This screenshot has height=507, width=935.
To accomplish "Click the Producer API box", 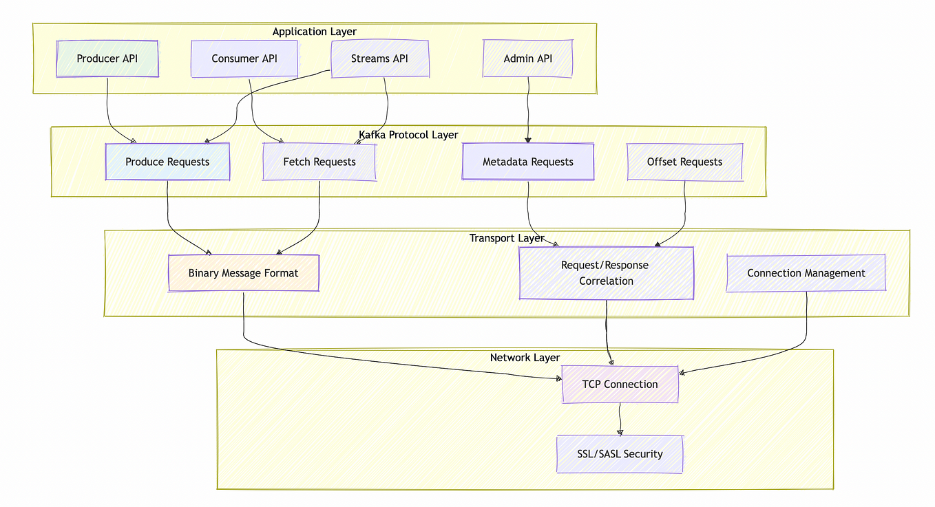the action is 107,58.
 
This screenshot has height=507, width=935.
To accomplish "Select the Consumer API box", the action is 244,58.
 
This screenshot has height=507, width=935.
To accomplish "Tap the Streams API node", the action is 380,58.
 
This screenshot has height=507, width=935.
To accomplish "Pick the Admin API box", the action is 527,58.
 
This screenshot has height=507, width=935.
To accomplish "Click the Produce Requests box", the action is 167,162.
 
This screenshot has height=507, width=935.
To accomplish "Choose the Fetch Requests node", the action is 319,162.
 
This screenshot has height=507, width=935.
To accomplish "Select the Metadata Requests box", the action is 528,162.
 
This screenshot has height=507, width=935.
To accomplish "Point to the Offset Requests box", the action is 684,162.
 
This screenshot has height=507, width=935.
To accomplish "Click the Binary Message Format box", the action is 243,273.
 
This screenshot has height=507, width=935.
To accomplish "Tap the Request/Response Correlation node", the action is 606,273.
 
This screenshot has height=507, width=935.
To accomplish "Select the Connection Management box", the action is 806,273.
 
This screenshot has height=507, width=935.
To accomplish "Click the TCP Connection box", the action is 620,384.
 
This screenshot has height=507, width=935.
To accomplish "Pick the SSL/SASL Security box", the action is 620,454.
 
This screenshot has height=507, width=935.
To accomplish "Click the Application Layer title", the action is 315,32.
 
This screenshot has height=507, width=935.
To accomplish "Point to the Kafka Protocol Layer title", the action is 408,135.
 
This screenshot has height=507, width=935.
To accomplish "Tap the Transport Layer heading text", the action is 507,238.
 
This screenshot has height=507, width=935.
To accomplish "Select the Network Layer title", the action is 525,358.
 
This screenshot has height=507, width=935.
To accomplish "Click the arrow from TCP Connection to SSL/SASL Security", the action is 620,419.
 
